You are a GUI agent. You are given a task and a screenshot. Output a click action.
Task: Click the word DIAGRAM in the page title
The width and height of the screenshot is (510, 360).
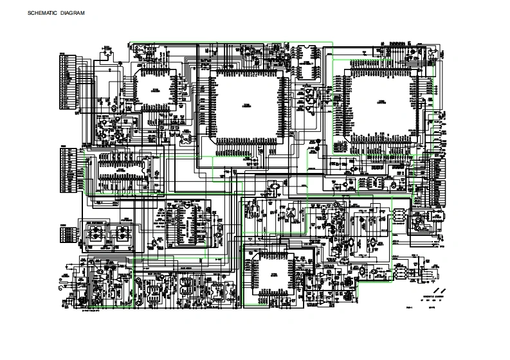coord(73,13)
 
